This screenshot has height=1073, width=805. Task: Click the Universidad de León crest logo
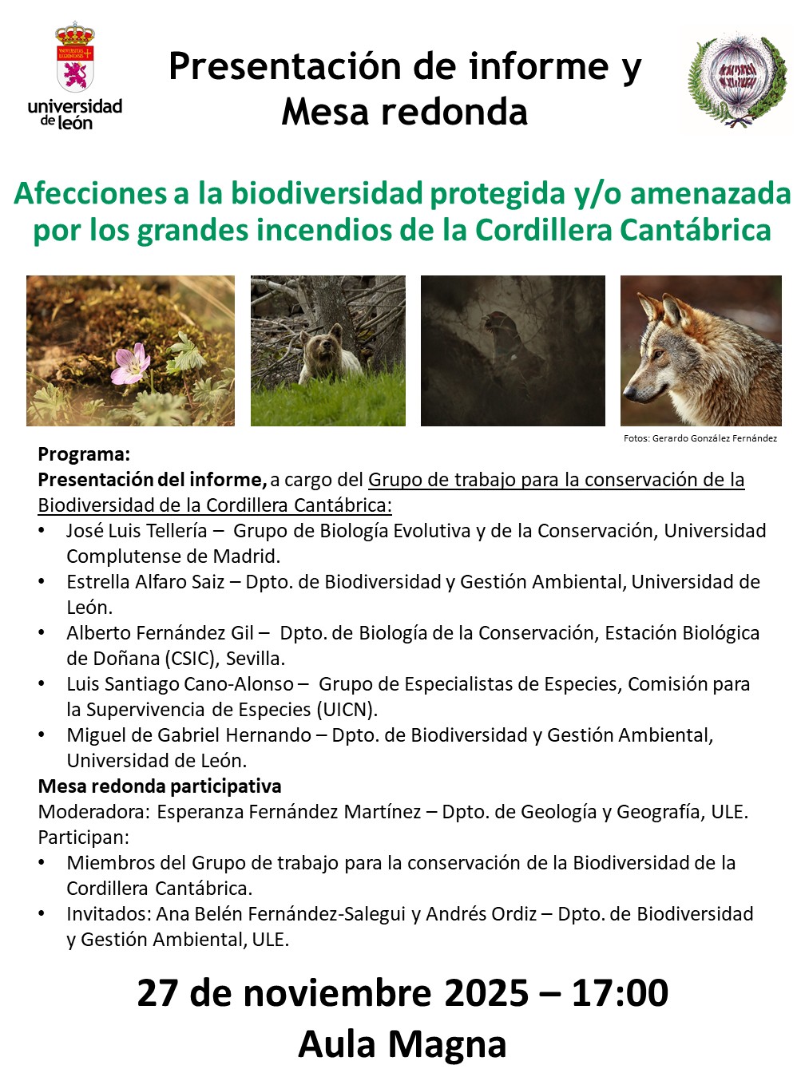tap(75, 60)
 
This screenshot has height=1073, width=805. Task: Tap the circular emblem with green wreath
tap(738, 78)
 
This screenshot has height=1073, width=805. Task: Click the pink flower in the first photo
tap(130, 363)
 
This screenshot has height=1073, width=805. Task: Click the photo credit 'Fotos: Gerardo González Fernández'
tap(700, 438)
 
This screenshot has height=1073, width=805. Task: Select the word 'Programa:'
tap(84, 454)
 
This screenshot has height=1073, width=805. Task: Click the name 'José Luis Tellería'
tap(137, 531)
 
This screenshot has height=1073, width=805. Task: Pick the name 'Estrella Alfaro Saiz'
tap(145, 582)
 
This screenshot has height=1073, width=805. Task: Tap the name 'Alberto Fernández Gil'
tap(160, 633)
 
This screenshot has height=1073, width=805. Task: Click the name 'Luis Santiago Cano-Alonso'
tap(180, 684)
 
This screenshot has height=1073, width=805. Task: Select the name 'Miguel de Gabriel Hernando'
tap(189, 735)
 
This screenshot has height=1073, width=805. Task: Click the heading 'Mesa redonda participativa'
tap(160, 786)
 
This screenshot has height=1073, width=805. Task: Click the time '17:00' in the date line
tap(620, 994)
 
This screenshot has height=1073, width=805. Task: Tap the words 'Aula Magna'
tap(402, 1044)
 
